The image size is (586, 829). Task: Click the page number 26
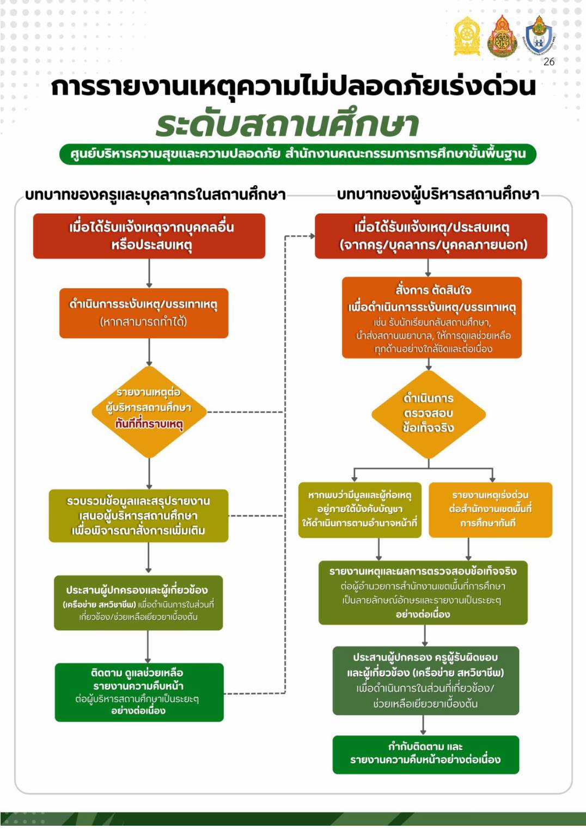[549, 62]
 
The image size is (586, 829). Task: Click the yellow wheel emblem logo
[467, 36]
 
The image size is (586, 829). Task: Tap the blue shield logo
[539, 36]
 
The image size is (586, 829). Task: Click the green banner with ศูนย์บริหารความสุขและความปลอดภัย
[298, 154]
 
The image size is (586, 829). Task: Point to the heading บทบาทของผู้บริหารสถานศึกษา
[438, 195]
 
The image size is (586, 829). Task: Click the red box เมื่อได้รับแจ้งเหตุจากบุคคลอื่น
[149, 236]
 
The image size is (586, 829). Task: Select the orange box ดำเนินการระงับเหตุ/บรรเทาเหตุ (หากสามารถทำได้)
[144, 313]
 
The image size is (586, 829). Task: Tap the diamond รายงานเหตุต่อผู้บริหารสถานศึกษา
[149, 412]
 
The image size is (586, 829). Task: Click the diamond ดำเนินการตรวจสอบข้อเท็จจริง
[429, 414]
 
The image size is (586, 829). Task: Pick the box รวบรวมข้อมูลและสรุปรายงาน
[138, 516]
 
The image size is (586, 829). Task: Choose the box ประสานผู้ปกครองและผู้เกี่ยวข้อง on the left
[138, 603]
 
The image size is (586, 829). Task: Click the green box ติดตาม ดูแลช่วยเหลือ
[139, 692]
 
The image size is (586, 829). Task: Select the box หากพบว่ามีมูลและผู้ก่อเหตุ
[359, 510]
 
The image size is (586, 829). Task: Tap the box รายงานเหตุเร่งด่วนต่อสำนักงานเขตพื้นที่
[491, 510]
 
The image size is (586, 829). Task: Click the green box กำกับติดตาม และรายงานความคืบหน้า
[426, 755]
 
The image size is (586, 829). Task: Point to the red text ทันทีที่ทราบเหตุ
[149, 424]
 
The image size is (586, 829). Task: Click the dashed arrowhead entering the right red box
[313, 236]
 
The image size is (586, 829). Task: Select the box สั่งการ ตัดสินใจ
[432, 318]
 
